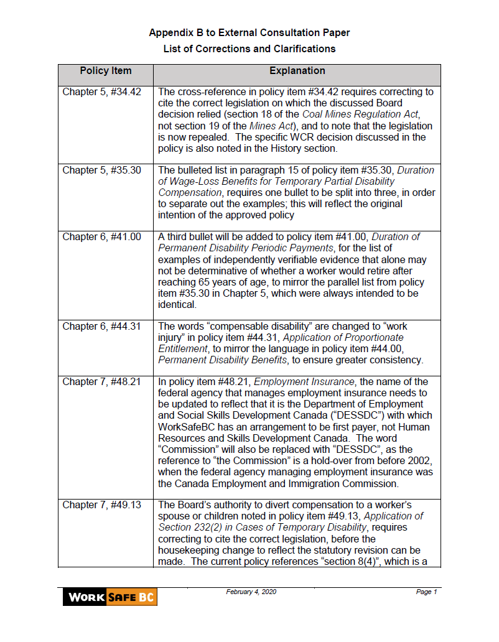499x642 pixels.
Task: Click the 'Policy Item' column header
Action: point(106,71)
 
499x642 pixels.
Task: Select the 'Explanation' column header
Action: point(297,71)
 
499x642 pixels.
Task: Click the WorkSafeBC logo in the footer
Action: point(110,597)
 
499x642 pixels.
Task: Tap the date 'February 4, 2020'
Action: point(251,592)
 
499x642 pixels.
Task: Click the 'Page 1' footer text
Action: point(427,592)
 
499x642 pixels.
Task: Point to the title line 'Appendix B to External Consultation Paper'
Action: point(250,32)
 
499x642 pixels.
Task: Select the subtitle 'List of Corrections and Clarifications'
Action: point(250,49)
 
